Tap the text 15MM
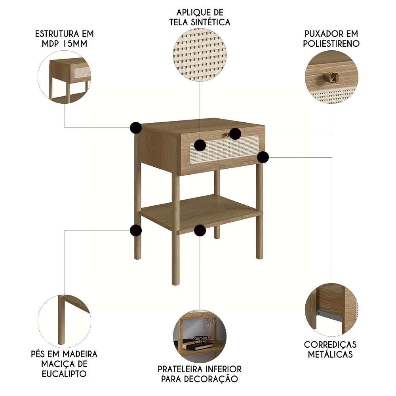(75, 44)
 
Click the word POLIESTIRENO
(331, 44)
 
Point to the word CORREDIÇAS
(330, 344)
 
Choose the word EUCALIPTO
(64, 373)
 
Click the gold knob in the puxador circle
(330, 77)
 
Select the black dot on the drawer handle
(235, 134)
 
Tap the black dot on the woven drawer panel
(200, 145)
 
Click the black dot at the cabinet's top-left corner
(136, 128)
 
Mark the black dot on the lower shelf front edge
(200, 230)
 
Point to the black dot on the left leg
(136, 230)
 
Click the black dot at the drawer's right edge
(263, 157)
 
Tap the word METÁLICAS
(330, 354)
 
